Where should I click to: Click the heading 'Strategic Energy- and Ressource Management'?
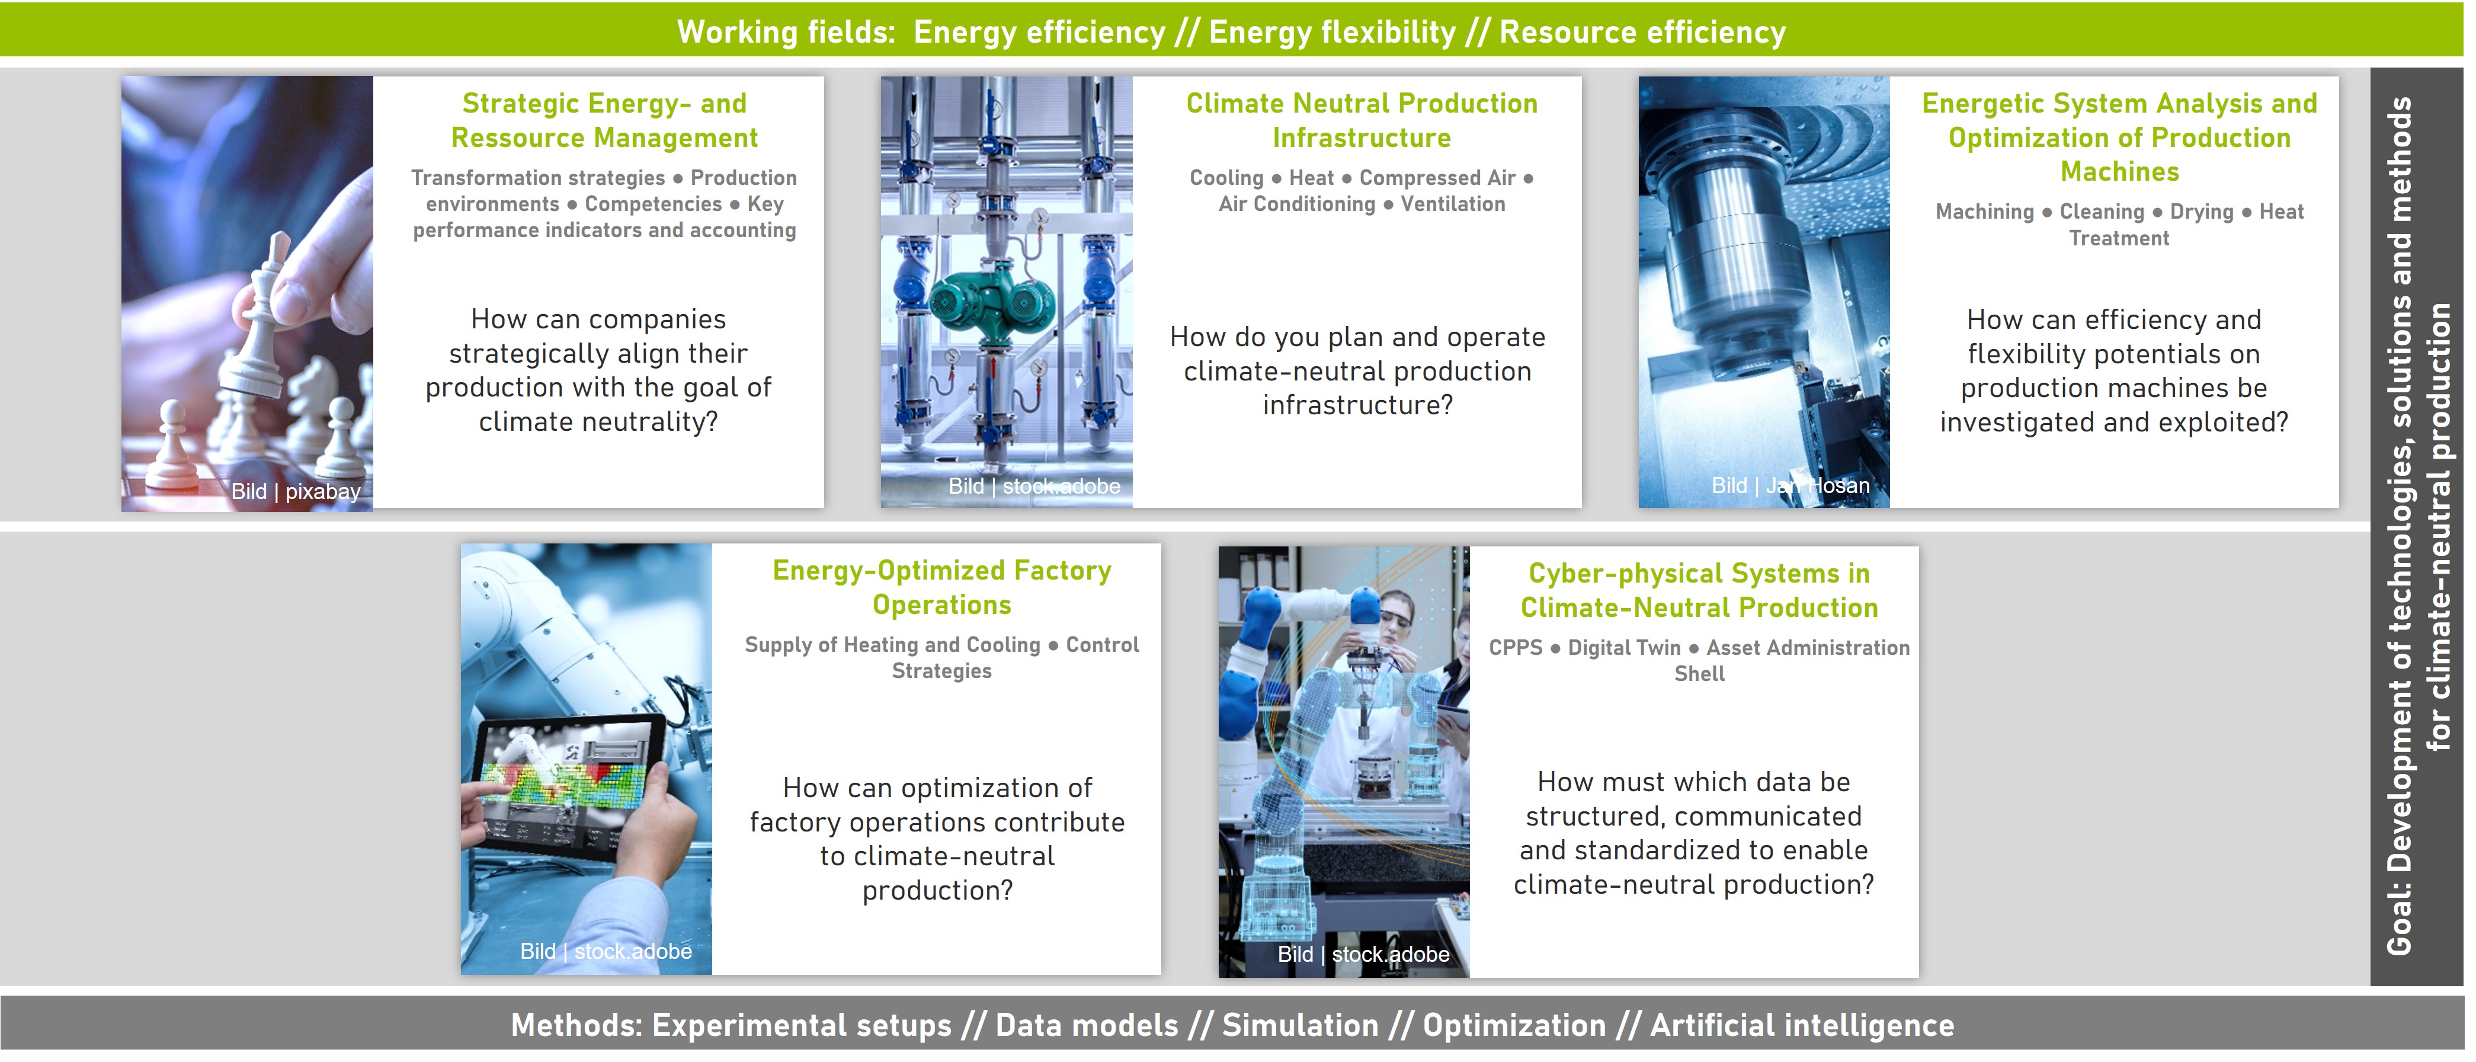[x=604, y=120]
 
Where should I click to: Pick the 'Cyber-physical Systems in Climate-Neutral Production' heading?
[x=1699, y=590]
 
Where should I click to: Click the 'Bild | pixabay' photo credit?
[x=295, y=491]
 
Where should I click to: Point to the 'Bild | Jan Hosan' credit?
[x=1790, y=485]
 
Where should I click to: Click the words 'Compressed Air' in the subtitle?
[x=1437, y=178]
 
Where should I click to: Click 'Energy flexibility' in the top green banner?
[x=1332, y=32]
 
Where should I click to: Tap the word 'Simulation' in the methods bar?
[x=1299, y=1025]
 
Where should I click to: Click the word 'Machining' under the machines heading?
[x=1984, y=212]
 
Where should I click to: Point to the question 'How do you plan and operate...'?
[x=1357, y=371]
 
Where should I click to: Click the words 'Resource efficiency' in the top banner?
[x=1642, y=32]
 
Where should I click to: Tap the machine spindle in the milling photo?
[x=1740, y=260]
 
